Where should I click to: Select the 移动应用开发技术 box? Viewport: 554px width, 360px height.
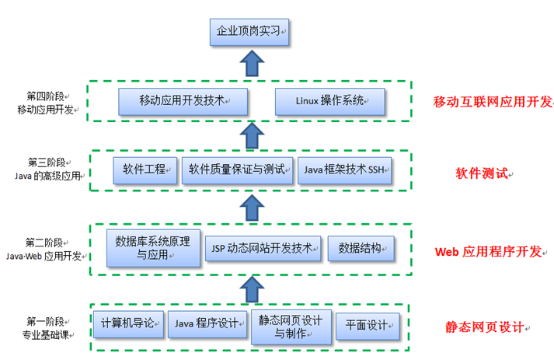click(x=183, y=100)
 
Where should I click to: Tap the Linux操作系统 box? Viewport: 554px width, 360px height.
click(x=330, y=100)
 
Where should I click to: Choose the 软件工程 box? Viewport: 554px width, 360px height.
click(x=145, y=170)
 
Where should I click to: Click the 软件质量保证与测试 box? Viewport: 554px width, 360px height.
click(x=237, y=170)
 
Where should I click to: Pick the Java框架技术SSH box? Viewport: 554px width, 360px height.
click(x=345, y=170)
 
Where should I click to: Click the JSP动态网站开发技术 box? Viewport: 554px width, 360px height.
click(x=263, y=248)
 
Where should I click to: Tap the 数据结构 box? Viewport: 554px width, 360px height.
click(x=361, y=248)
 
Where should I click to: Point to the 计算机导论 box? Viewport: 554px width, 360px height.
click(x=129, y=323)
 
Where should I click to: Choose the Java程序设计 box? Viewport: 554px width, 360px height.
click(x=207, y=323)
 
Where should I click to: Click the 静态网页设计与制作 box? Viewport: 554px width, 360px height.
click(x=290, y=326)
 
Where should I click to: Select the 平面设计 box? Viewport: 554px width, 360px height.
click(x=368, y=326)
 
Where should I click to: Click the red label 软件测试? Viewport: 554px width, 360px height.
click(x=481, y=173)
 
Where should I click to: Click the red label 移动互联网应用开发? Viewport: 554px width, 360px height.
click(x=493, y=101)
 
